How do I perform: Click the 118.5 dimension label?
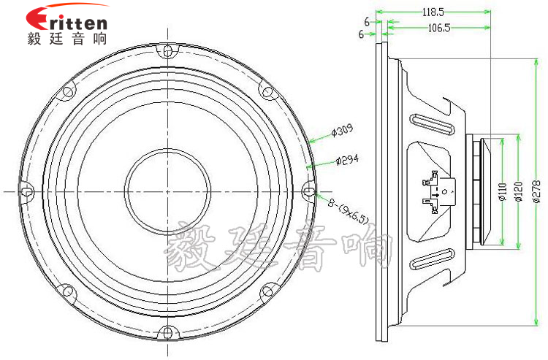click(x=433, y=12)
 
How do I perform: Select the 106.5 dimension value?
click(x=439, y=28)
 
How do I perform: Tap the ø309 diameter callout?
click(x=342, y=130)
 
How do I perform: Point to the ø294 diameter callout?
click(x=347, y=160)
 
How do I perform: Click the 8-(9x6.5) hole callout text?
click(x=348, y=211)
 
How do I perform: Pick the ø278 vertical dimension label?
click(x=537, y=191)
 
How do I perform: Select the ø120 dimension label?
click(x=519, y=191)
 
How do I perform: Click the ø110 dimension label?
click(x=503, y=192)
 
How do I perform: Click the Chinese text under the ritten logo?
click(x=66, y=39)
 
